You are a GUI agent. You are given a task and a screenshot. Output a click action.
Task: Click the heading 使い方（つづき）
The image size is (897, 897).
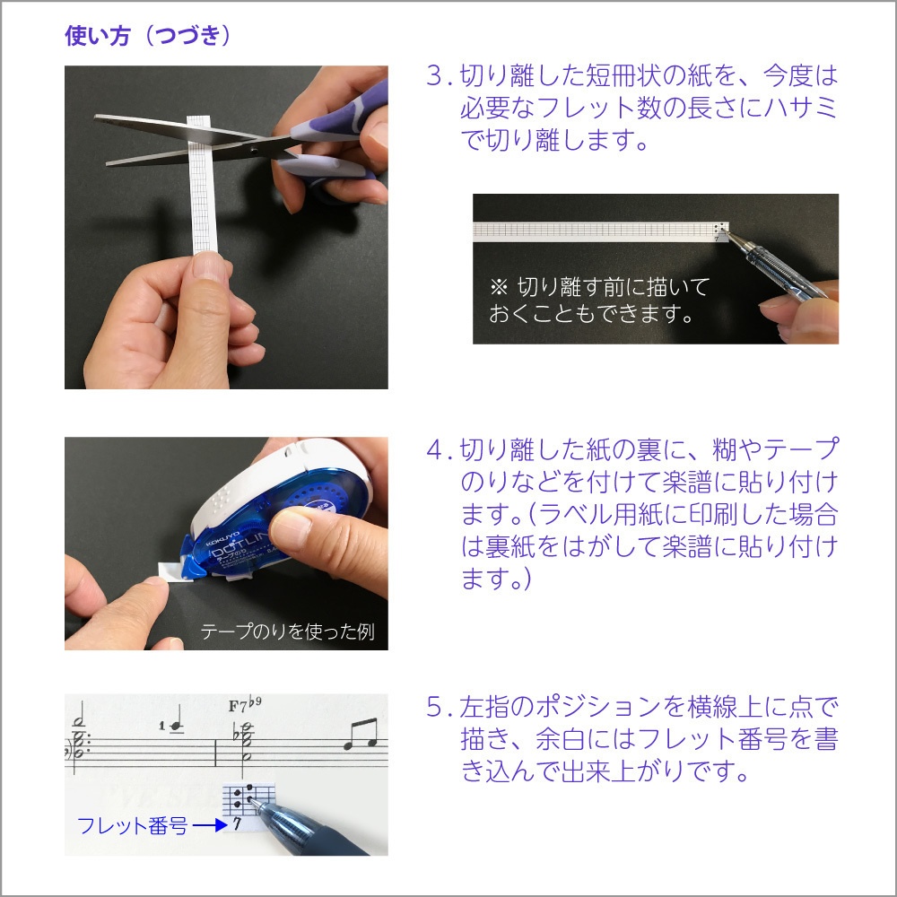(149, 36)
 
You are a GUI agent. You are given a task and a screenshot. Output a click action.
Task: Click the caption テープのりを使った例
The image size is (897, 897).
(287, 631)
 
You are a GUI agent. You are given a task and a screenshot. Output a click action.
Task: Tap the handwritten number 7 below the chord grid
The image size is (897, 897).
(236, 825)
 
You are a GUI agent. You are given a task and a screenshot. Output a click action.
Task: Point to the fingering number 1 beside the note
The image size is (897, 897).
(162, 725)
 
